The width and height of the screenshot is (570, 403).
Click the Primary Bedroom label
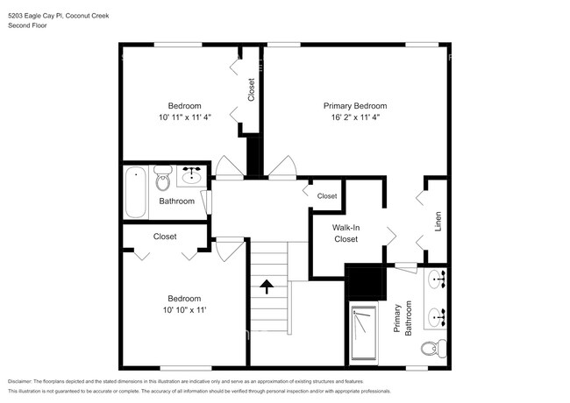[x=355, y=105]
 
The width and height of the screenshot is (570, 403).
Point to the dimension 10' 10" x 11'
[x=185, y=309]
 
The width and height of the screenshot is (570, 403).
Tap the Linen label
[x=438, y=223]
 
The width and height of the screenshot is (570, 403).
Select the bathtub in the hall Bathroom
[x=135, y=192]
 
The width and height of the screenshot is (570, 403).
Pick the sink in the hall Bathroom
[x=192, y=176]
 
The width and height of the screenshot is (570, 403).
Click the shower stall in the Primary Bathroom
[x=362, y=332]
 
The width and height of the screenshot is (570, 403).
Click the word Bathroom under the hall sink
[x=176, y=201]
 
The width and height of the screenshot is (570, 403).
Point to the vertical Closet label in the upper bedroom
[x=251, y=90]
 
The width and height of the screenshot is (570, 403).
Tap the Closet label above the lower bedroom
[x=165, y=237]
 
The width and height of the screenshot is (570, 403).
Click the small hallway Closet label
[x=327, y=196]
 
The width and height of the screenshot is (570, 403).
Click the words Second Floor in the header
[x=28, y=25]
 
